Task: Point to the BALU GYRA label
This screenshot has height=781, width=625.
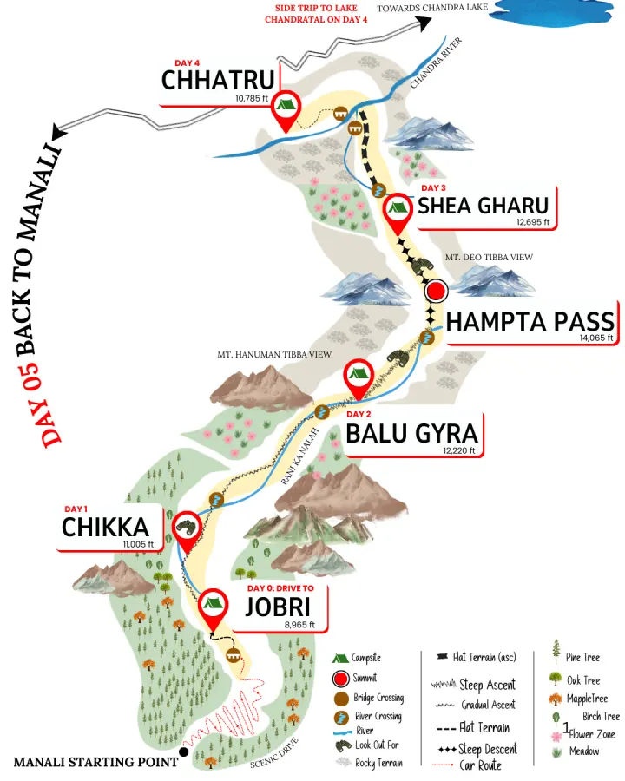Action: click(x=411, y=431)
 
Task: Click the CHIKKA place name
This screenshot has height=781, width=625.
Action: click(x=105, y=527)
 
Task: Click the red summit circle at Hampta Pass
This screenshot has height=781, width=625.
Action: click(x=436, y=290)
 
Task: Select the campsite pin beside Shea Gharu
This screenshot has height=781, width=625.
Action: click(x=398, y=207)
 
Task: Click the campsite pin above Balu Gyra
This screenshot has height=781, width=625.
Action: click(x=357, y=375)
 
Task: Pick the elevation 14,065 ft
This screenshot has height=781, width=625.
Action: click(x=596, y=338)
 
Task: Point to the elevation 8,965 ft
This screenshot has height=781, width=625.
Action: click(x=299, y=625)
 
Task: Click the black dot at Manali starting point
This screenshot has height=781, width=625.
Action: click(x=182, y=751)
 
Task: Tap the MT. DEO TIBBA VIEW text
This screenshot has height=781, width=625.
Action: click(x=489, y=258)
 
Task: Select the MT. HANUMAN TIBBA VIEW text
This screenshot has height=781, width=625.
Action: click(x=274, y=354)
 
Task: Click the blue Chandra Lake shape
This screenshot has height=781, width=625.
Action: click(x=556, y=12)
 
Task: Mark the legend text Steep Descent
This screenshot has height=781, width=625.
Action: click(x=488, y=749)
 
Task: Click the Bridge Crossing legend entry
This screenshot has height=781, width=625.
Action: click(x=378, y=698)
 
